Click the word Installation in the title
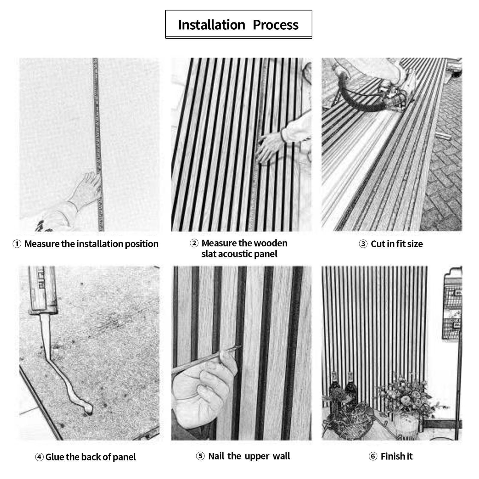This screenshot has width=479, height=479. [x=212, y=25]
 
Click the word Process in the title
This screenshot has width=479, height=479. [x=275, y=25]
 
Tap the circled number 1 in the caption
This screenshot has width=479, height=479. [x=17, y=244]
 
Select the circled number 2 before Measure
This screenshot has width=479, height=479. [x=194, y=243]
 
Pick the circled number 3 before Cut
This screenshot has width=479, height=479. [x=363, y=244]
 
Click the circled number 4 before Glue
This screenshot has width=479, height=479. [x=39, y=457]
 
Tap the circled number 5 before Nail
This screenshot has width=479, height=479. [x=200, y=456]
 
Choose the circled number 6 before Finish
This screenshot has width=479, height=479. [x=373, y=457]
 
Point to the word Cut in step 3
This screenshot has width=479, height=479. [x=378, y=244]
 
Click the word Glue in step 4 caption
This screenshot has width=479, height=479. [x=54, y=457]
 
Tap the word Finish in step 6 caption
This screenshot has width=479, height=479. [x=392, y=457]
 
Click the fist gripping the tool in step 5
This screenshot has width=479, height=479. [x=198, y=389]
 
